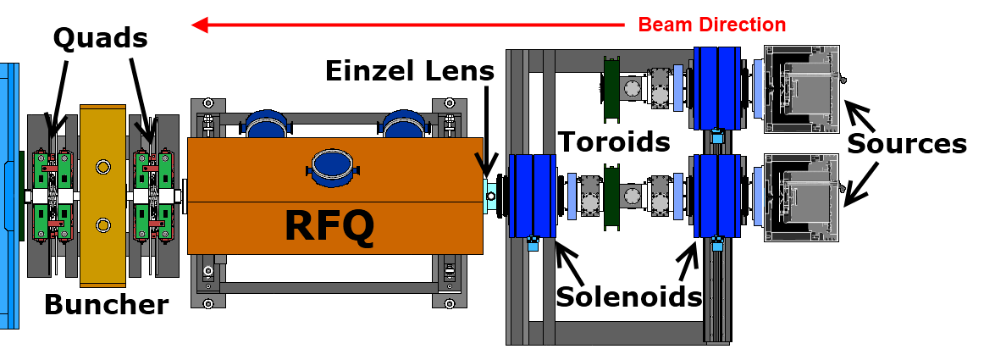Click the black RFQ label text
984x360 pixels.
coord(329,226)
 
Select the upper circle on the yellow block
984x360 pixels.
coord(103,167)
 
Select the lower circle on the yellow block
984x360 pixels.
coord(103,224)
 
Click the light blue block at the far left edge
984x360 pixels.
coord(8,195)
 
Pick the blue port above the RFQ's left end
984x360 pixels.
coord(266,125)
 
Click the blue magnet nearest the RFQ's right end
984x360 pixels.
coord(532,196)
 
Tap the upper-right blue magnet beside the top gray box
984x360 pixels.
coord(716,88)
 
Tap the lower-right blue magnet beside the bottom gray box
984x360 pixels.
coord(716,197)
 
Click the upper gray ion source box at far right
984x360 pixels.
coord(802,89)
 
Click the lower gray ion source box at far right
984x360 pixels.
coord(802,197)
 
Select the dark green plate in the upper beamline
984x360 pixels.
coord(611,89)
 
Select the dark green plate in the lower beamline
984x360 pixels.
coord(611,197)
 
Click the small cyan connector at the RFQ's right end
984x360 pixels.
coord(489,197)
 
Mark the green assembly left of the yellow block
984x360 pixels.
coord(51,195)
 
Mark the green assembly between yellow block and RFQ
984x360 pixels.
coord(153,195)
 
